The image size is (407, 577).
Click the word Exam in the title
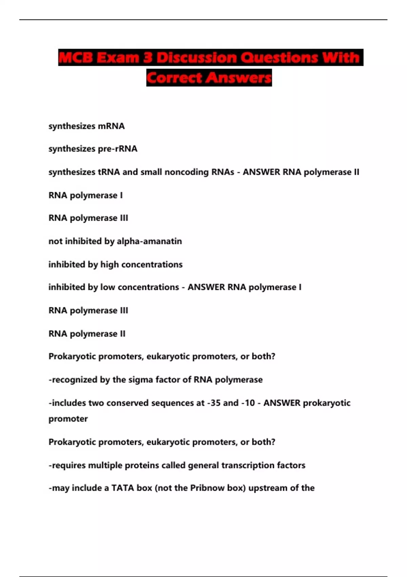117,58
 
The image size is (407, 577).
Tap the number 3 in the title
148,58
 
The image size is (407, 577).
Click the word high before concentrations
110,264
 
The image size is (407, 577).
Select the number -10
248,403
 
